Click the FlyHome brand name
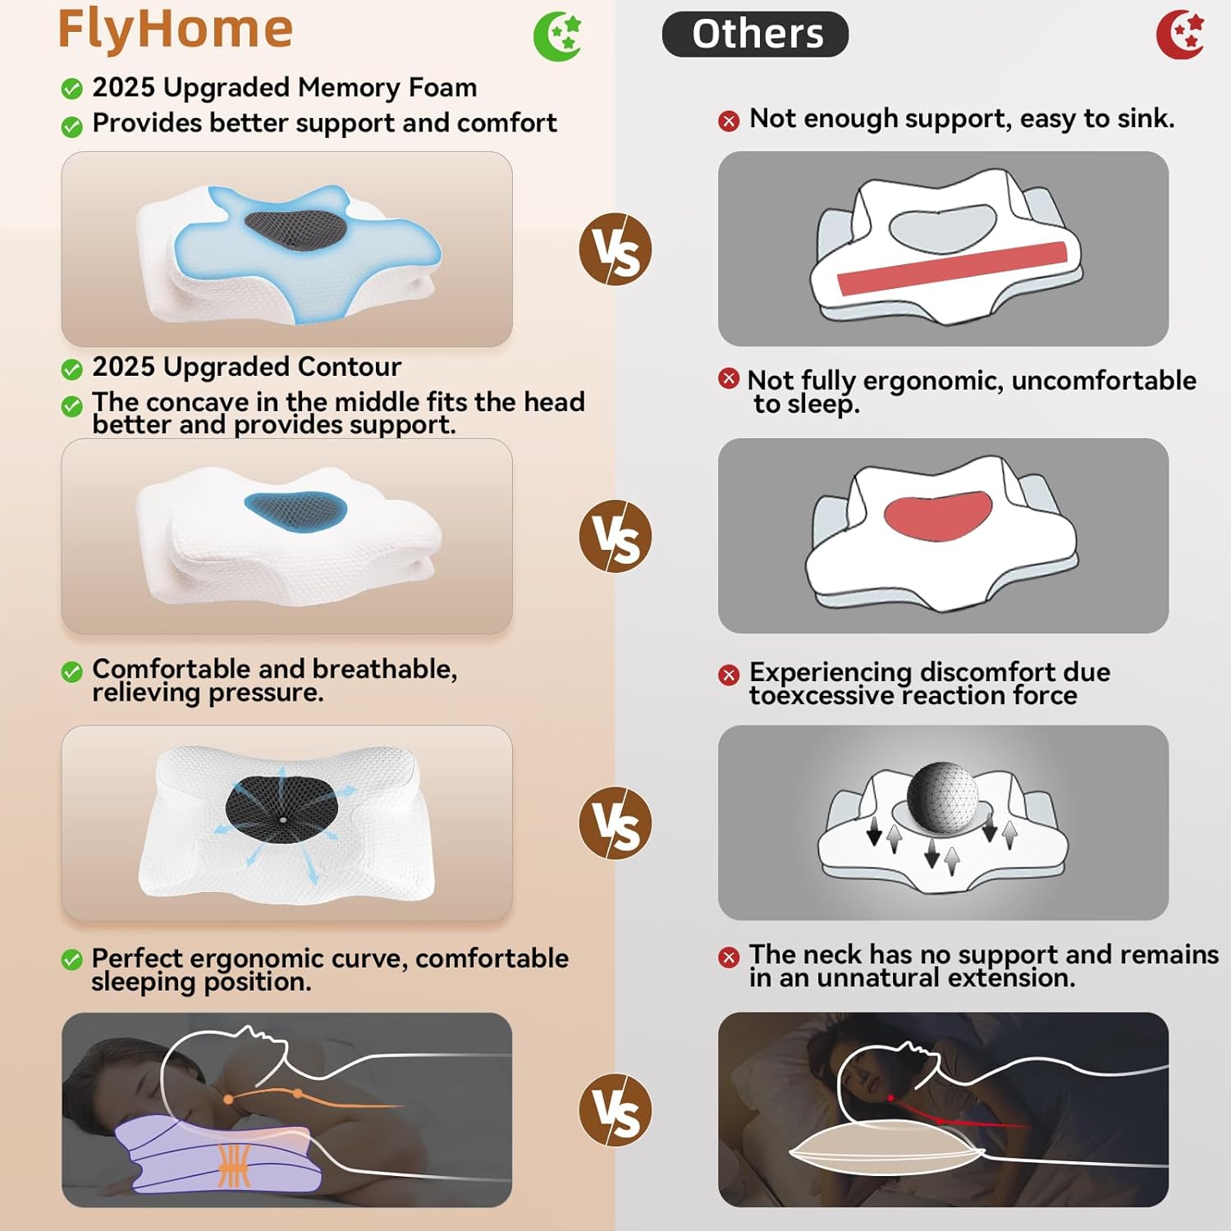pyautogui.click(x=175, y=30)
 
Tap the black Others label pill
pyautogui.click(x=755, y=34)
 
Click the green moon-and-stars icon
pyautogui.click(x=557, y=36)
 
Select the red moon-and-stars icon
pyautogui.click(x=1180, y=34)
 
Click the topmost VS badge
pyautogui.click(x=615, y=249)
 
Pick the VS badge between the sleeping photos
pyautogui.click(x=615, y=1110)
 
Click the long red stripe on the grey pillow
pyautogui.click(x=952, y=268)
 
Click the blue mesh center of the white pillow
pyautogui.click(x=295, y=510)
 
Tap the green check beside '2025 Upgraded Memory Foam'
pyautogui.click(x=72, y=89)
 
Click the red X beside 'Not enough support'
pyautogui.click(x=729, y=121)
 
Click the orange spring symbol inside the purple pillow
pyautogui.click(x=235, y=1165)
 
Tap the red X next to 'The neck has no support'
pyautogui.click(x=729, y=957)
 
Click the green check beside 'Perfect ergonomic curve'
pyautogui.click(x=72, y=959)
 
